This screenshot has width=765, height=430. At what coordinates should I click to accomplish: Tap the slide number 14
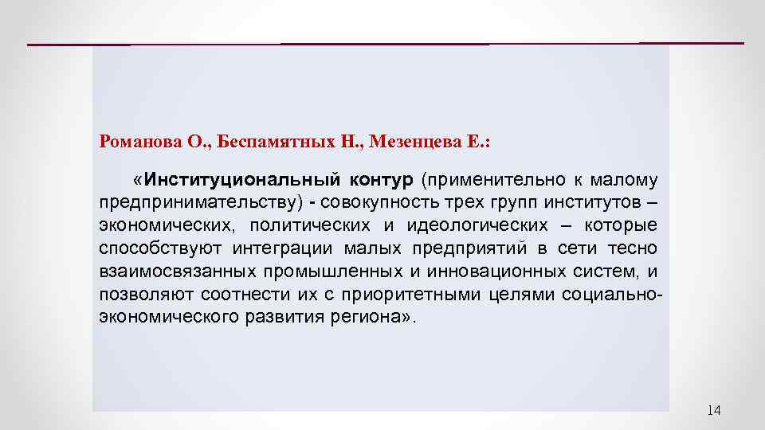coord(713,410)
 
